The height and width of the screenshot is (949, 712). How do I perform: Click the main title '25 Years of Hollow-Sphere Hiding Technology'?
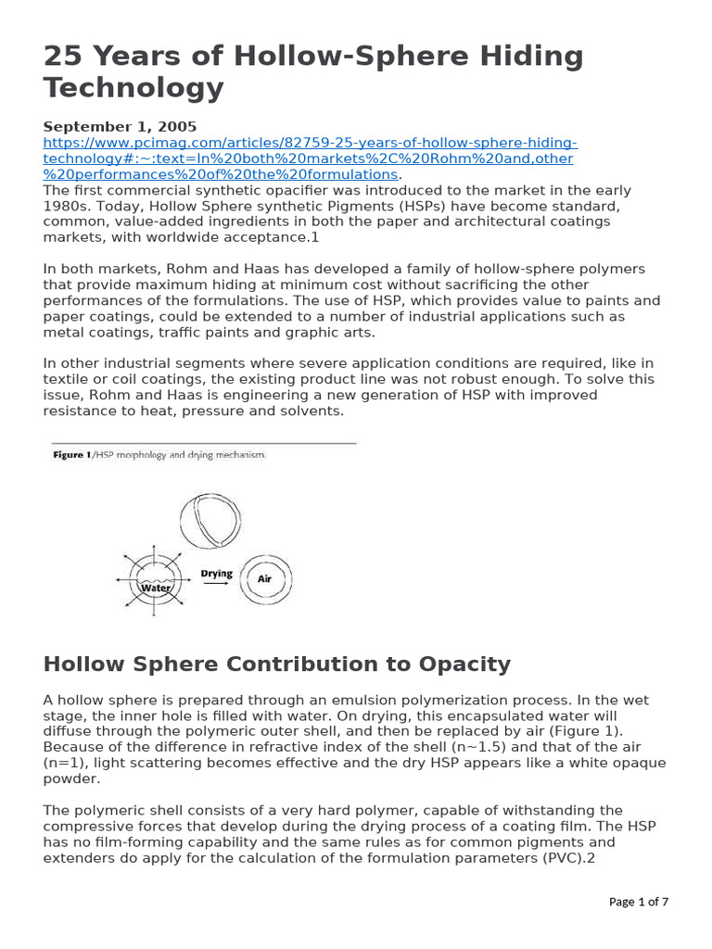[313, 72]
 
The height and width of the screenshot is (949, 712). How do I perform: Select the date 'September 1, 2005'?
[120, 126]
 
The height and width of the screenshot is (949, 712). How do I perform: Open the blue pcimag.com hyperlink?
[310, 158]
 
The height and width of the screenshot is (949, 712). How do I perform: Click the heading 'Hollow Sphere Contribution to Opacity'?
[277, 664]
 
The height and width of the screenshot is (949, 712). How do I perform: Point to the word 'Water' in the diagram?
[156, 588]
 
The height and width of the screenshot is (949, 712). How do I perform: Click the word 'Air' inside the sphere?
[264, 577]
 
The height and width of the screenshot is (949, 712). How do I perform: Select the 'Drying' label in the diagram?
[216, 574]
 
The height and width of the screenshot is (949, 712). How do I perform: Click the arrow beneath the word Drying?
[216, 586]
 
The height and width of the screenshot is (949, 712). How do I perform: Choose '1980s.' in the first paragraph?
[66, 206]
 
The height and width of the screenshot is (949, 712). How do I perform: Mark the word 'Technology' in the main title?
[133, 88]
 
